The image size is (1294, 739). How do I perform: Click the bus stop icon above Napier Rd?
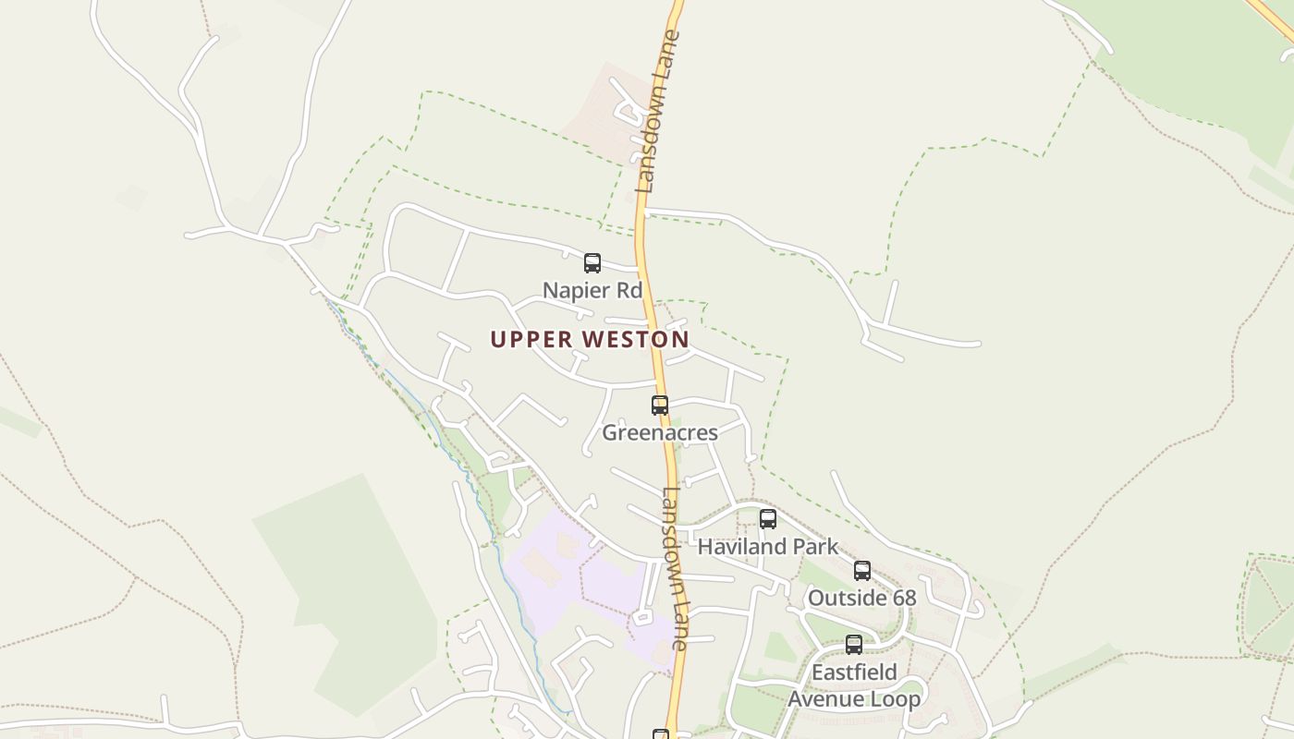tap(592, 263)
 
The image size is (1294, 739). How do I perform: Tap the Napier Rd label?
tap(592, 290)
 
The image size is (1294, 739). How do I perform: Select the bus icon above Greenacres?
tap(660, 405)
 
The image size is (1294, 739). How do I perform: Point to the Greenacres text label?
tap(660, 431)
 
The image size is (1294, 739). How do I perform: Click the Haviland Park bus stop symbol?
tap(767, 519)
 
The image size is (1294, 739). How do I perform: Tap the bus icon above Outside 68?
tap(862, 571)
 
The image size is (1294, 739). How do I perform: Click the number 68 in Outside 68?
tap(904, 598)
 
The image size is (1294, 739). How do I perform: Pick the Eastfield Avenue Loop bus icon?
tap(854, 645)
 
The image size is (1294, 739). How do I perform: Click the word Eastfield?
tap(854, 672)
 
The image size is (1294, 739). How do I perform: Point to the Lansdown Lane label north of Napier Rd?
tap(657, 111)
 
